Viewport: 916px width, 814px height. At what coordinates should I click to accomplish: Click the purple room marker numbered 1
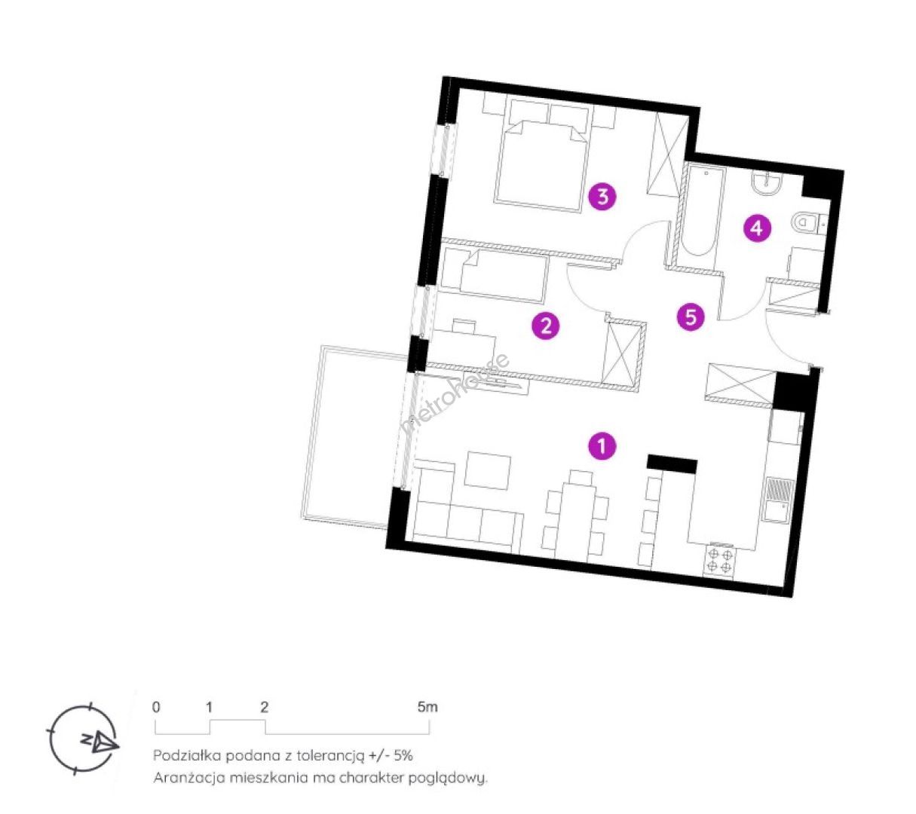[x=602, y=446]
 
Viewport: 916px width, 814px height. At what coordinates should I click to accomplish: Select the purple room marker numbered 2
[x=545, y=325]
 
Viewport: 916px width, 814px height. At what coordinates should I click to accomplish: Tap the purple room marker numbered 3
[x=602, y=197]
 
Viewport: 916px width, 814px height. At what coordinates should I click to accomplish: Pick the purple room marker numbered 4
[x=756, y=228]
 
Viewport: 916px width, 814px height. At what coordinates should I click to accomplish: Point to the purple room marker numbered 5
[x=691, y=317]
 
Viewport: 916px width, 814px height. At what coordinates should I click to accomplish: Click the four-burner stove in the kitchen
[x=719, y=561]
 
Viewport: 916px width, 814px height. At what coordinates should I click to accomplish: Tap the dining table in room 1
[x=576, y=519]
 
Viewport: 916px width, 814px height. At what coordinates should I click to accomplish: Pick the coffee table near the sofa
[x=487, y=470]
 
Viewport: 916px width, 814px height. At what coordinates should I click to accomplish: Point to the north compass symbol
[x=84, y=739]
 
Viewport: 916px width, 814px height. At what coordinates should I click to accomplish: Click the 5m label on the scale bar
[x=427, y=707]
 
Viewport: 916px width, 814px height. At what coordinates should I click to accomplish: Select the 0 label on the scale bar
[x=156, y=707]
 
